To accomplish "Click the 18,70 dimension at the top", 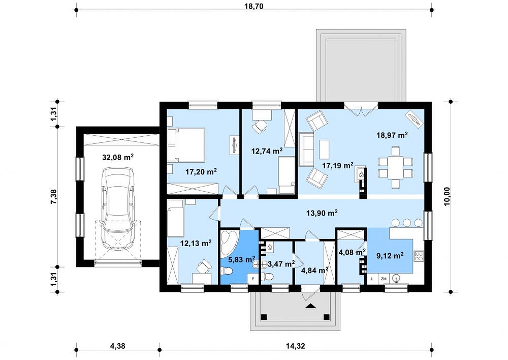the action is point(253,6).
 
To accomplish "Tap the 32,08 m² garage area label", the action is point(118,157).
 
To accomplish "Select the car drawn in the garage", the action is point(118,208).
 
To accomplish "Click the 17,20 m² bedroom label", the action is point(201,171).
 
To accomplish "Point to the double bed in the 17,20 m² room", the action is point(186,145).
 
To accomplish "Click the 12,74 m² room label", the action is point(267,151).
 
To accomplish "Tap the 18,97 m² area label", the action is point(392,135).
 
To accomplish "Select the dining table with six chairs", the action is point(395,167).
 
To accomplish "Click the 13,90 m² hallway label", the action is point(322,213).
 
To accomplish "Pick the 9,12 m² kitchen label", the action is point(390,256).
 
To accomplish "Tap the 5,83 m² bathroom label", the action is point(242,259).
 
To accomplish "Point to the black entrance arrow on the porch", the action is point(310,306).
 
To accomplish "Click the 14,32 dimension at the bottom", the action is point(296,346).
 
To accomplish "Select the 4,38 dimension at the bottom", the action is point(118,346).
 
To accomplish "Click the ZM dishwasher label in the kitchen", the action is point(384,279).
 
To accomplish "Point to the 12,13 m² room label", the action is point(196,243).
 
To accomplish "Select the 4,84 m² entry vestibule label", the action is point(314,270).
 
